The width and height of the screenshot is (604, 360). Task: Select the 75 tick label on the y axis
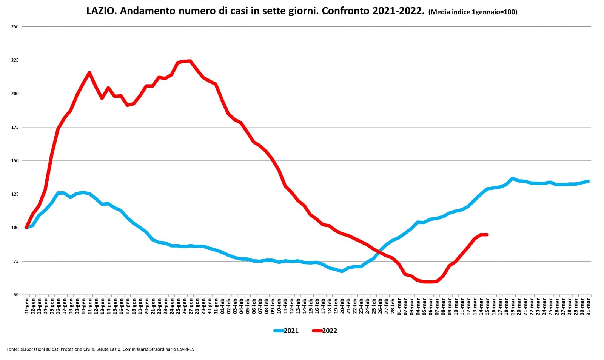pos(16,261)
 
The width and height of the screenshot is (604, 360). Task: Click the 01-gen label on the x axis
pos(26,305)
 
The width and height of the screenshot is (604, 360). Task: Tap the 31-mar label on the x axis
pos(588,305)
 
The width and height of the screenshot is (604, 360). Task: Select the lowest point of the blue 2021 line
pos(342,271)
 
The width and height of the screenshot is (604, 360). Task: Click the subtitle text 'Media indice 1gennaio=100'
pos(473,12)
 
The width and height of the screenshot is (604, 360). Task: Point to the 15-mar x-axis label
pos(487,305)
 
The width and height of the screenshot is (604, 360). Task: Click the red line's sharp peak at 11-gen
pos(89,72)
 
